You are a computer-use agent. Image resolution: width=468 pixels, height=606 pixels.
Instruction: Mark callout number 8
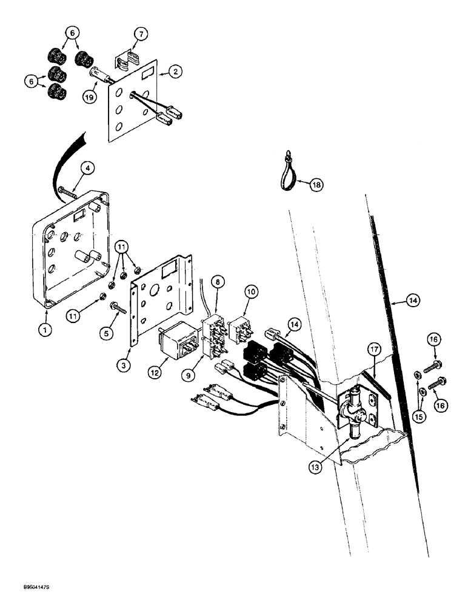click(218, 281)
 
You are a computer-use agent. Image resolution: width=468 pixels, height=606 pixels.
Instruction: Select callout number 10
click(251, 292)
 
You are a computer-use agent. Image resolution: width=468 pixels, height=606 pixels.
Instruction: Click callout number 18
click(315, 186)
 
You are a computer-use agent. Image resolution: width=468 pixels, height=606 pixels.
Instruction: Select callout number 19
click(90, 96)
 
